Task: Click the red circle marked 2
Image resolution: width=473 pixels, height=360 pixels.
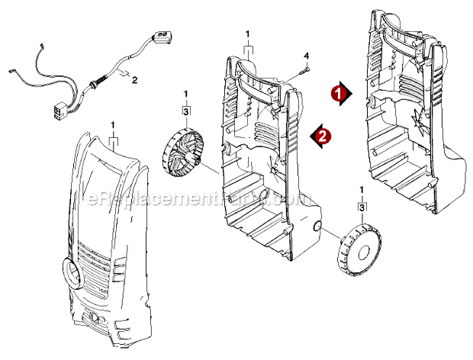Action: click(x=324, y=137)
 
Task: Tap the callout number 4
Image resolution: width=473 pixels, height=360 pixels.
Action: click(x=307, y=56)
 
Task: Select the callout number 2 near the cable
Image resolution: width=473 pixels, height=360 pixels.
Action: click(x=135, y=79)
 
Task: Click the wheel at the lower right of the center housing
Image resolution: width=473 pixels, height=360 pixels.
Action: click(x=360, y=246)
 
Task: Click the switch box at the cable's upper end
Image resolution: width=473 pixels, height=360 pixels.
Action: click(x=162, y=36)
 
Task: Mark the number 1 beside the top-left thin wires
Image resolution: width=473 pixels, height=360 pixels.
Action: click(x=42, y=47)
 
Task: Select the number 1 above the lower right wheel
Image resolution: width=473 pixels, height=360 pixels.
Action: click(x=361, y=188)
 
